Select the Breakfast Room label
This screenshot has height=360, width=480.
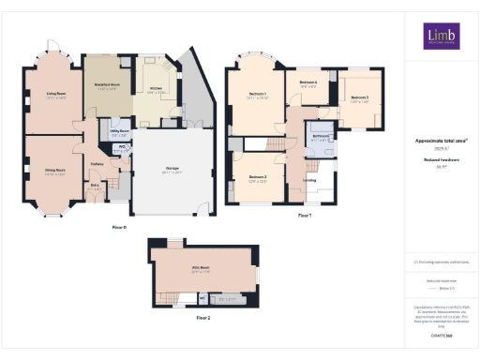coord(108,84)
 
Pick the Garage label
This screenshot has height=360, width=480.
coord(172,169)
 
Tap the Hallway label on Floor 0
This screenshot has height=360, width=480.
coord(96,164)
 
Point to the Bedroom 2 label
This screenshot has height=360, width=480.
coord(258,177)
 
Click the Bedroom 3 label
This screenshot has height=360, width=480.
coord(360,97)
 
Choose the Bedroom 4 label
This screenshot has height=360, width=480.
coord(307,83)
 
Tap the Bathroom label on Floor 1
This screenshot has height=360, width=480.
coord(321,137)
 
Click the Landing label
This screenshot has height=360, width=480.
coord(309,178)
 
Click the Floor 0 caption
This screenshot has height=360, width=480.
coord(118,228)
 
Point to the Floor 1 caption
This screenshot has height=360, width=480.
coord(304,216)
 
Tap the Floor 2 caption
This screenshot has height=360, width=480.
coord(203,319)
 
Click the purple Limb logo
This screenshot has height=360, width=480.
coord(441,36)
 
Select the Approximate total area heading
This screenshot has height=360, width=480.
coord(441,142)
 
